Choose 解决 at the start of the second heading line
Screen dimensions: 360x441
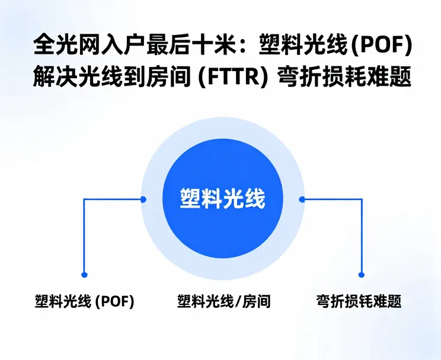(52, 78)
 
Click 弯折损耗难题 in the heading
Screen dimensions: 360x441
(345, 78)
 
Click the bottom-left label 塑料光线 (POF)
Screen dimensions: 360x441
(85, 301)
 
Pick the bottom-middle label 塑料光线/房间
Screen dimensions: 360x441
(223, 301)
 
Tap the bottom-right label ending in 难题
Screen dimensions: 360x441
(359, 301)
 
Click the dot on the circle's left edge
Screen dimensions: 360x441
(143, 200)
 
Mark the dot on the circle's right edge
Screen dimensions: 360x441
(302, 200)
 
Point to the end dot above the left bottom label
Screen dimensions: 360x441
(84, 275)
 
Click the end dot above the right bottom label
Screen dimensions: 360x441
(361, 274)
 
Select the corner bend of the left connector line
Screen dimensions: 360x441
(84, 200)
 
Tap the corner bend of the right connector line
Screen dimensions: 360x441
(361, 200)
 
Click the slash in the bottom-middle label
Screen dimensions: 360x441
(239, 301)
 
